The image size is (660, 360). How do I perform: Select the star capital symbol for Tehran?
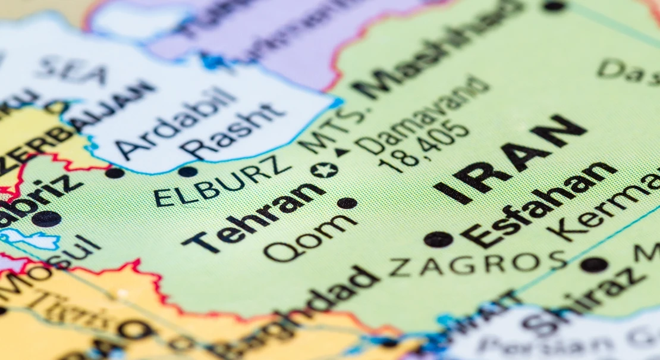(x=324, y=170)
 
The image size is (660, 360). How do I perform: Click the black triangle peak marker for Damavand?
(x=341, y=152)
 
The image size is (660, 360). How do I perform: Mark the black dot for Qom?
(x=347, y=203)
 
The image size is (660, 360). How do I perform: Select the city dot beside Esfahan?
(x=438, y=239)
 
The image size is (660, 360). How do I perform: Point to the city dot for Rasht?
(x=187, y=172)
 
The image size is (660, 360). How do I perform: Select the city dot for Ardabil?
(x=114, y=173)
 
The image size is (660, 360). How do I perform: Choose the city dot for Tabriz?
(x=46, y=218)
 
